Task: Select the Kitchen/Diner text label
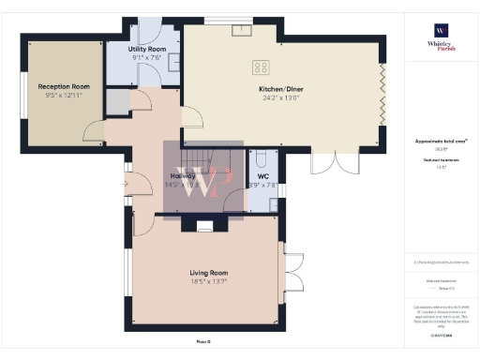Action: [x=281, y=90]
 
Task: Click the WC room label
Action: [x=263, y=175]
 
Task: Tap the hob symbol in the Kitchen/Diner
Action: [x=262, y=67]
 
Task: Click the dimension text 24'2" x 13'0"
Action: [x=281, y=98]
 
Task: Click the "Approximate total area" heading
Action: [x=441, y=142]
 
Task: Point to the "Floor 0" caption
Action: [x=202, y=342]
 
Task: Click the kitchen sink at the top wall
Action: [x=242, y=26]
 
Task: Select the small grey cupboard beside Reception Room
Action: [x=117, y=100]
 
